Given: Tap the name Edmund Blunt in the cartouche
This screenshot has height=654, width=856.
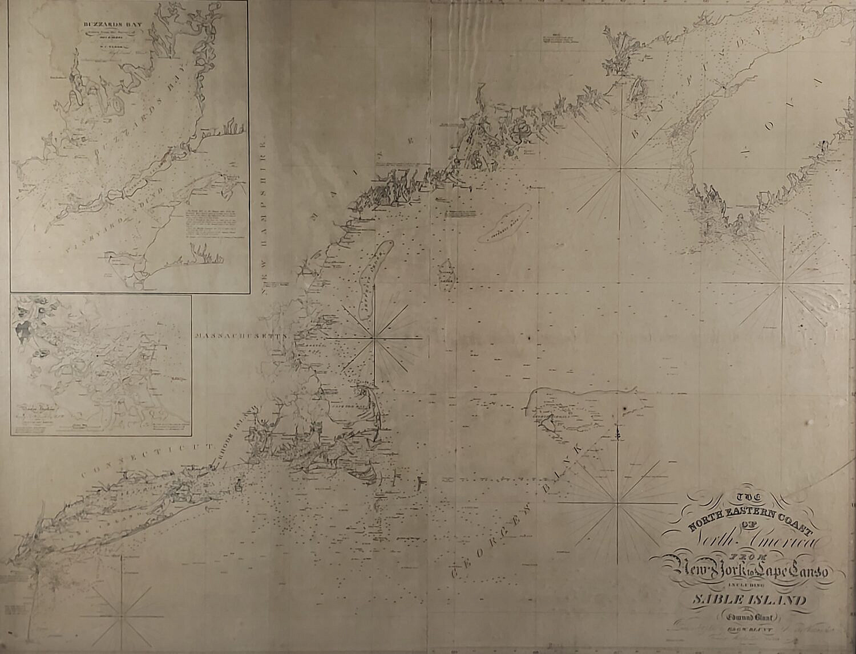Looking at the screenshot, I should click(x=749, y=616).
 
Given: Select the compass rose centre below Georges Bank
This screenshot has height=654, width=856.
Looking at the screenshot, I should click(x=618, y=504).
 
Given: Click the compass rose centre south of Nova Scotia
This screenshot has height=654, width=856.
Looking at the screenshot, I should click(x=784, y=282).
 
